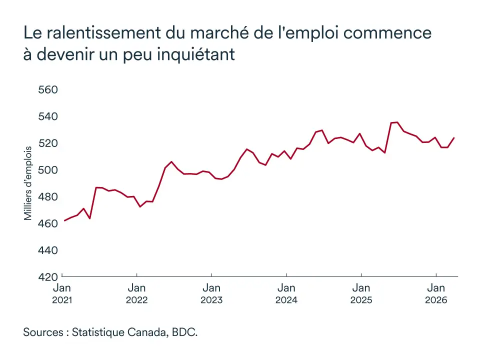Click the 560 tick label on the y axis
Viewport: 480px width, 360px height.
[x=48, y=90]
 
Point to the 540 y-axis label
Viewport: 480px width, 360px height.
[x=48, y=116]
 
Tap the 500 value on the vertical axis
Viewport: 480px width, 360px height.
[x=48, y=170]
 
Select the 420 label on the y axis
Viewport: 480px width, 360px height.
[x=48, y=276]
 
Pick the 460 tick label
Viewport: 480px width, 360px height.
[x=48, y=223]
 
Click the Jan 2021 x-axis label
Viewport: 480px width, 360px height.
[x=62, y=293]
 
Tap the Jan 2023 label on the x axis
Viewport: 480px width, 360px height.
[x=211, y=293]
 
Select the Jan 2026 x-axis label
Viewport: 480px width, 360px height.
[x=436, y=293]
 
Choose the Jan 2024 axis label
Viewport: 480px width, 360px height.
[x=286, y=293]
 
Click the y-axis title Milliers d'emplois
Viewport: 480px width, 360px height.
[x=28, y=183]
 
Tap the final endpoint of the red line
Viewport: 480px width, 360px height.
[x=454, y=137]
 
